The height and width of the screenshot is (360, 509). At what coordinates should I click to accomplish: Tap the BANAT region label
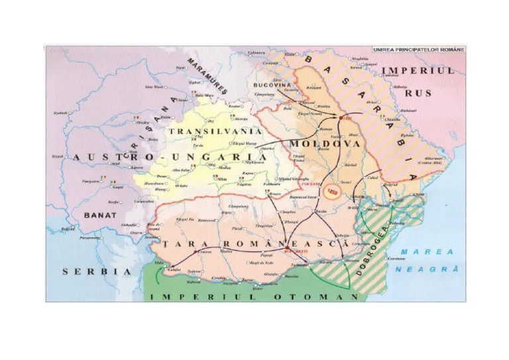click(100, 215)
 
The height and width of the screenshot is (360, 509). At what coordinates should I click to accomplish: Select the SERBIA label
click(96, 271)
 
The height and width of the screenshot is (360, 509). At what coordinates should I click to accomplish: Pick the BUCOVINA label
click(272, 86)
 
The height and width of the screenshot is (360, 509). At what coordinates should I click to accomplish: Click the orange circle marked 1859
click(333, 190)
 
